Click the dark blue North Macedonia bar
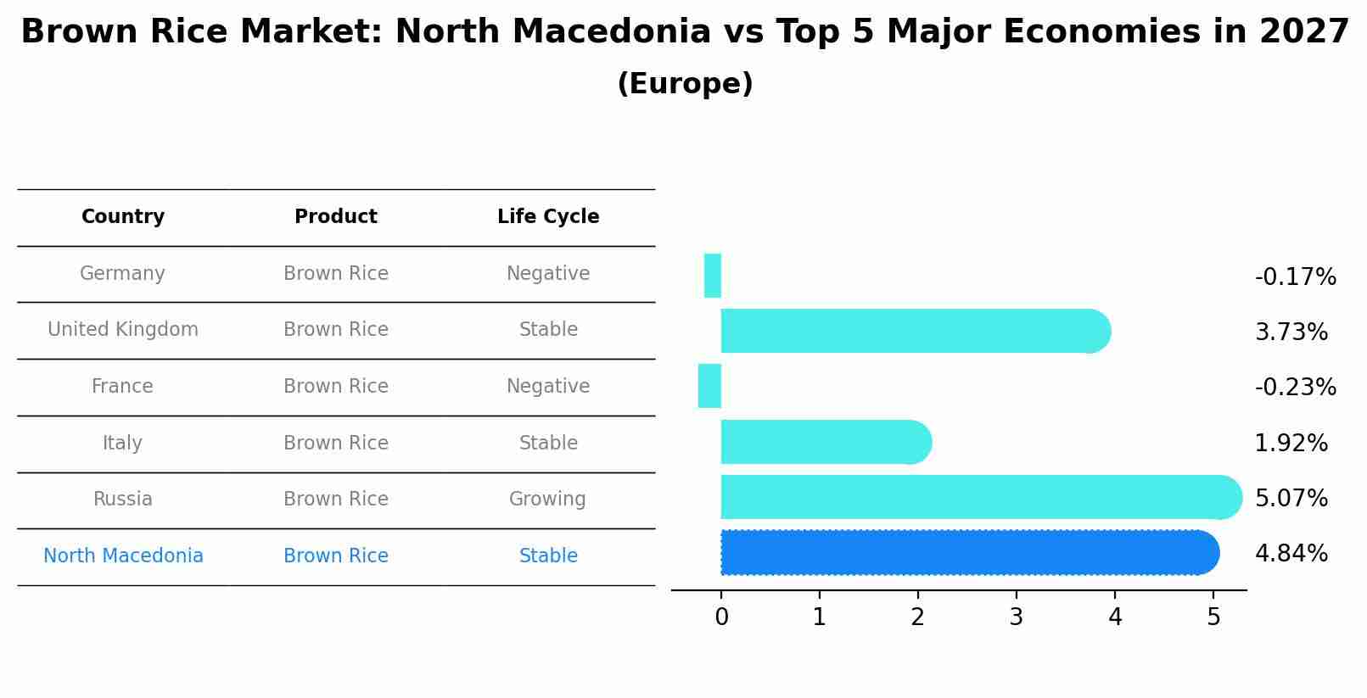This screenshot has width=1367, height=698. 967,553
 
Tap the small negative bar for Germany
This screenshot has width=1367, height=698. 713,276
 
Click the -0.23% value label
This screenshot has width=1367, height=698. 1295,388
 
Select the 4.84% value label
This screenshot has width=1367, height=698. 1291,554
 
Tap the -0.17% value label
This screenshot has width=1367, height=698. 1295,277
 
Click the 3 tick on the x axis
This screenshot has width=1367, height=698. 1016,617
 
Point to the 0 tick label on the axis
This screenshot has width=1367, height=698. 721,617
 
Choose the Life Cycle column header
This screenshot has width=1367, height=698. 548,217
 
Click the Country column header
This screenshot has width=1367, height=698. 123,217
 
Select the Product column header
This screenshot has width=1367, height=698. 335,217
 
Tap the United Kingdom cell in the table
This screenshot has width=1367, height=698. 123,330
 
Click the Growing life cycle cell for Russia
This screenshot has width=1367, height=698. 547,500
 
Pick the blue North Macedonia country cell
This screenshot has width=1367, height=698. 123,556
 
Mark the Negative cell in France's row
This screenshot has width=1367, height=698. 547,387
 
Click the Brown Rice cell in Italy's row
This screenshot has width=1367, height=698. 335,444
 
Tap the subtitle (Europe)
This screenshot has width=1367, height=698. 685,84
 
